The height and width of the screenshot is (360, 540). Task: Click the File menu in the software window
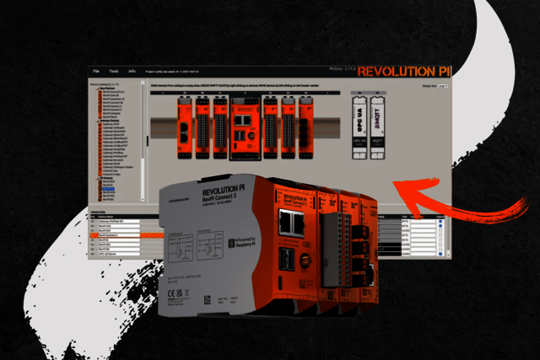coord(96,72)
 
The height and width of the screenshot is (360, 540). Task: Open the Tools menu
coord(114,72)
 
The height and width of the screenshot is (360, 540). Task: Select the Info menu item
coord(132,72)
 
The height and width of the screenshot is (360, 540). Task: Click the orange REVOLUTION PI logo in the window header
coord(402,72)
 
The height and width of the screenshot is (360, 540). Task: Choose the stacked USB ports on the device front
coord(292,261)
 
